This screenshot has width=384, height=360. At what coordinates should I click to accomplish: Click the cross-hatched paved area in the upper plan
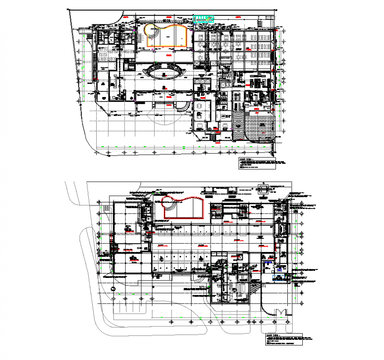coord(260,127)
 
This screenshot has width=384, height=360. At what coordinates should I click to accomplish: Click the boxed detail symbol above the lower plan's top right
coord(263,189)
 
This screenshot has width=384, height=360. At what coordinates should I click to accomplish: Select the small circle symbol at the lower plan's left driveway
coord(113,289)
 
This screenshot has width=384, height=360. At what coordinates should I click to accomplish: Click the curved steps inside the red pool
coord(168,205)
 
